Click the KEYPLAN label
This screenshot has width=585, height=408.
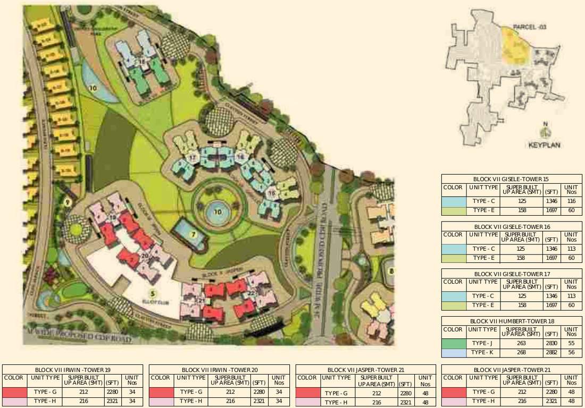point(545,144)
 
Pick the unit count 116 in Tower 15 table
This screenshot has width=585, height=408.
point(571,201)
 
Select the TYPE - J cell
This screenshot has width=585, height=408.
point(483,343)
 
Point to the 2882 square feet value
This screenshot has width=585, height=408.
point(551,353)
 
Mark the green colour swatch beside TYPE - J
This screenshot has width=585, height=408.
point(454,343)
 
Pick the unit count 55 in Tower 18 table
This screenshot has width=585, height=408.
point(571,343)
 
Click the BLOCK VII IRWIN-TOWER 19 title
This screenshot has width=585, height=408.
point(73,369)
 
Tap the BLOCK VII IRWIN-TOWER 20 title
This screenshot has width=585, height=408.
point(220,369)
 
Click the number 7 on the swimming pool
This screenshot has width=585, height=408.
point(194,234)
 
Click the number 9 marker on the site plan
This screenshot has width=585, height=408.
point(67,202)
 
